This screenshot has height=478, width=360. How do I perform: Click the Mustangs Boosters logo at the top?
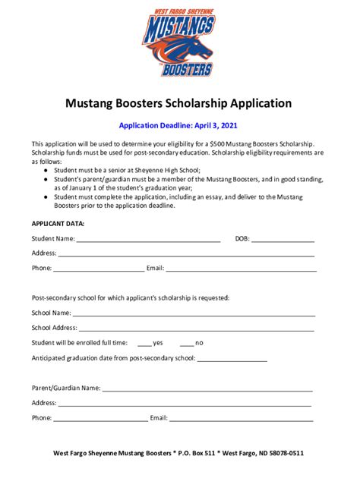coord(179,42)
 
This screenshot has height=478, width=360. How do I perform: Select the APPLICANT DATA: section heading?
coord(58,224)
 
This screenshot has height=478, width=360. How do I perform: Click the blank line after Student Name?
coord(148,240)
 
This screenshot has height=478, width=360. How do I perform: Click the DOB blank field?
coord(282,240)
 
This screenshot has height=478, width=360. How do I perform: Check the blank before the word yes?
coord(144,344)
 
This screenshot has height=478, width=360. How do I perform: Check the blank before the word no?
coord(186,344)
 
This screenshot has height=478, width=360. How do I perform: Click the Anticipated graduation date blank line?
coord(232,359)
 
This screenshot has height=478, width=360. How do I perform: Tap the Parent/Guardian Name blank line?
coord(207,388)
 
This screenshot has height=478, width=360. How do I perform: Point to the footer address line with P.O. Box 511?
coord(178,453)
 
